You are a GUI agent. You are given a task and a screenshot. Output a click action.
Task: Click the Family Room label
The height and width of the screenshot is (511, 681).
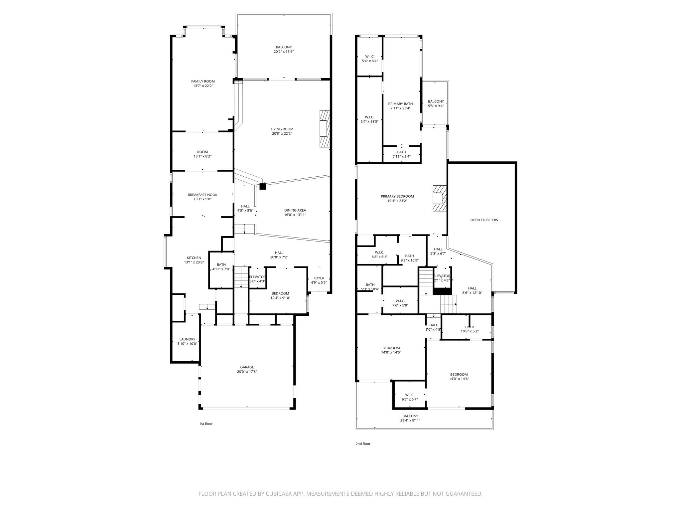point(203,82)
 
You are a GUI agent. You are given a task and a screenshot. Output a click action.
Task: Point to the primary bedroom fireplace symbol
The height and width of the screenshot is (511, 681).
point(439,198)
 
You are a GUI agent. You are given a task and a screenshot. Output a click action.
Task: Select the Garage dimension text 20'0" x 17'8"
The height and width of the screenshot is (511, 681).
point(247,372)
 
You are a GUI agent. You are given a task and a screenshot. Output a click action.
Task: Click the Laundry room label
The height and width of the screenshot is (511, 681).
point(187,339)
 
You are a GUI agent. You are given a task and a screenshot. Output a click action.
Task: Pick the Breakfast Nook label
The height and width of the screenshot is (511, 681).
point(203,195)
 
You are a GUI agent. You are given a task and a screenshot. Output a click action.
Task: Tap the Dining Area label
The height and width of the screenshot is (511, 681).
point(295,210)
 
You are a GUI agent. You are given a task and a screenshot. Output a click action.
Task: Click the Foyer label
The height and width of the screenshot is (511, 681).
point(319,278)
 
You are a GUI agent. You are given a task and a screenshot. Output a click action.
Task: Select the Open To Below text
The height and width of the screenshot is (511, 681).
point(484,220)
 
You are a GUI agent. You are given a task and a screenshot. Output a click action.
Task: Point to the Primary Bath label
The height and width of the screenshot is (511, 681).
point(400,104)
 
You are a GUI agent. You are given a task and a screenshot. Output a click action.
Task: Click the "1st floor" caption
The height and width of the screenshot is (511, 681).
point(206,424)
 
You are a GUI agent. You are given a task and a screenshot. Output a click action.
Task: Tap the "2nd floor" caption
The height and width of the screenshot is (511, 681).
point(363,444)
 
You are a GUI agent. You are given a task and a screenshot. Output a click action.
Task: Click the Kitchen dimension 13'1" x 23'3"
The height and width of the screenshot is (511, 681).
point(194,262)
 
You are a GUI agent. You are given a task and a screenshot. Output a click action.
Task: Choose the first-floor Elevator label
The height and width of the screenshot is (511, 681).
point(257,277)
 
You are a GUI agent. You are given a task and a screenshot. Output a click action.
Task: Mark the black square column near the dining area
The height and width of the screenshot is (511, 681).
point(263,187)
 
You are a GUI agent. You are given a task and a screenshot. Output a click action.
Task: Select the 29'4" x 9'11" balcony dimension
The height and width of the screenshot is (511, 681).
point(410,421)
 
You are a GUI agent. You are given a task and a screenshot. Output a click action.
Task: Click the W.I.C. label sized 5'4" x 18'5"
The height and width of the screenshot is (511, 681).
point(369,117)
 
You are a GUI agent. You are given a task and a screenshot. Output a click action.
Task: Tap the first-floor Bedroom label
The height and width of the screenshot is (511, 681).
point(280,293)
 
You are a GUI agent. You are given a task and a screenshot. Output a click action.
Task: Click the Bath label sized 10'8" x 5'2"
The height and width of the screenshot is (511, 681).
point(470,327)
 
